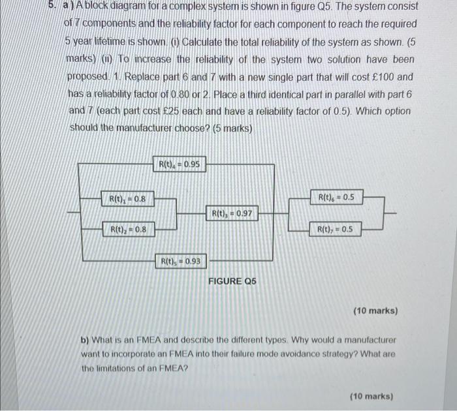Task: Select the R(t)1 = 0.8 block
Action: pyautogui.click(x=127, y=198)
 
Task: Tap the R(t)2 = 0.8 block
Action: pyautogui.click(x=127, y=229)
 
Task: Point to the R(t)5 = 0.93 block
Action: pyautogui.click(x=180, y=262)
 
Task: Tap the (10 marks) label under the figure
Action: pyautogui.click(x=375, y=311)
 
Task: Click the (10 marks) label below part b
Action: pyautogui.click(x=371, y=396)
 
